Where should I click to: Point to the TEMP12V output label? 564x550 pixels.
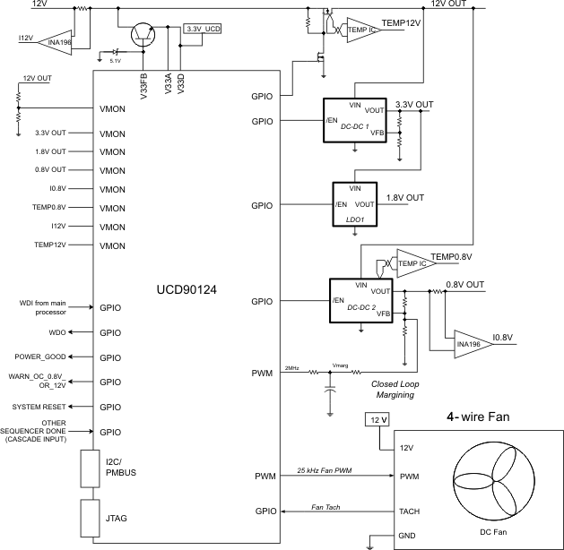(401, 22)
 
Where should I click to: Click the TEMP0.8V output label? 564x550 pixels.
(452, 257)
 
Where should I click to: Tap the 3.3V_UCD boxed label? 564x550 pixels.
(202, 29)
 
